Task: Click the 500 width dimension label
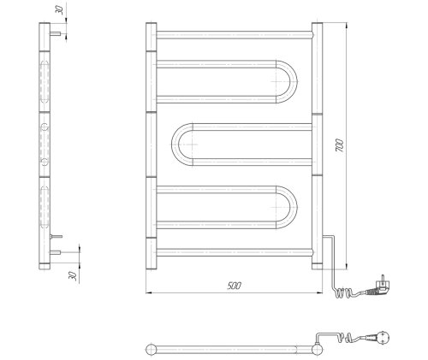[235, 286]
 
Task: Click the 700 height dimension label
[340, 145]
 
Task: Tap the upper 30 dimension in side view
[59, 10]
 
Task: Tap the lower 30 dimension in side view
[73, 276]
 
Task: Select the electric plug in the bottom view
[381, 337]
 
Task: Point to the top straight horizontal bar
[235, 35]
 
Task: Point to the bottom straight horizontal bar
[235, 252]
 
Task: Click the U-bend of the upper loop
[294, 81]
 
